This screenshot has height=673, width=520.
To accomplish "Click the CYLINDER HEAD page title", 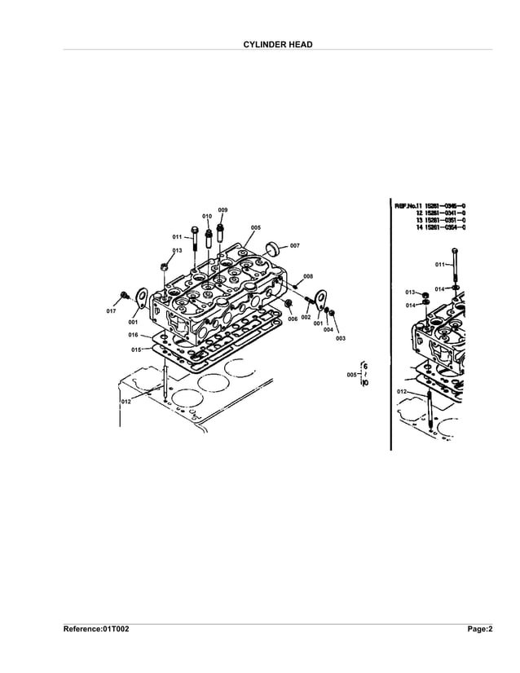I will click(x=278, y=43).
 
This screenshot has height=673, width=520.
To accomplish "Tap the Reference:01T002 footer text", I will click(x=96, y=629).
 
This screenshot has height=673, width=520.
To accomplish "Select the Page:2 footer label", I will click(x=479, y=629).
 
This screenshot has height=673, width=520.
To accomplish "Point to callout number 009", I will click(x=223, y=210).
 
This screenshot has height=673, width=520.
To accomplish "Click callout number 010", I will click(x=207, y=217).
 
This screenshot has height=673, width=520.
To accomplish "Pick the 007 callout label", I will click(x=294, y=245).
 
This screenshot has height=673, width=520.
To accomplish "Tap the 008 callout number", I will click(x=308, y=277).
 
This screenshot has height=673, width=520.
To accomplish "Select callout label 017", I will click(x=112, y=312).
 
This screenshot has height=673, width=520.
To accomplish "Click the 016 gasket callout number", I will click(x=133, y=335).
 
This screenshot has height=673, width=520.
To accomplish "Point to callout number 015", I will click(x=135, y=349).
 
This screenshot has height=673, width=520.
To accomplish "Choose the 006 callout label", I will click(x=292, y=319).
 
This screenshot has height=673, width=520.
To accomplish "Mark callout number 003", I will click(x=340, y=337).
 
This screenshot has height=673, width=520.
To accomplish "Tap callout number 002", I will click(x=306, y=318).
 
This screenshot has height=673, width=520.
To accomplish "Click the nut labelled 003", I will click(x=331, y=314).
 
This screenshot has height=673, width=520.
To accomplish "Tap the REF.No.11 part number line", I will click(x=430, y=205).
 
